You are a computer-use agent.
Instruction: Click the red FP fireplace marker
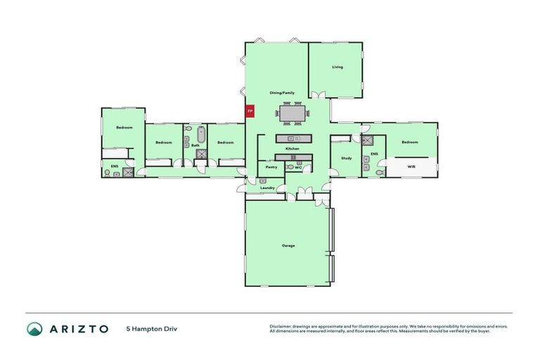coord(249,111)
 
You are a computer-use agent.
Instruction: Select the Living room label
coord(337,67)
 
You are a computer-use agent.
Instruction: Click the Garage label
coord(288,245)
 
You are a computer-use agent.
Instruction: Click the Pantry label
coord(271,167)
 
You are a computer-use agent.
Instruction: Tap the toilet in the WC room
coord(290,167)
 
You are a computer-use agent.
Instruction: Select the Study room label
coord(346,158)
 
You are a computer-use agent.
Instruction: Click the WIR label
coord(412,167)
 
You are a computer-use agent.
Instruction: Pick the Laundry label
coord(267,188)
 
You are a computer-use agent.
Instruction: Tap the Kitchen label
coord(292,149)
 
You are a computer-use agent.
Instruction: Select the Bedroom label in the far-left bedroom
coord(124,127)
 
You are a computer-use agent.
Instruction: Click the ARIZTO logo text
coord(78,328)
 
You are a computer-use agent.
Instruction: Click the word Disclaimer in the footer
coord(281,327)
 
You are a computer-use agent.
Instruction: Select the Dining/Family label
coord(282,93)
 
